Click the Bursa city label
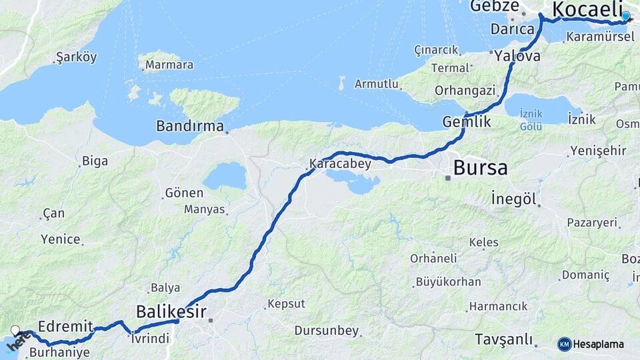tap(480, 167)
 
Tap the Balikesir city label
tap(171, 311)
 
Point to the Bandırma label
tap(190, 125)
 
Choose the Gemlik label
tap(467, 122)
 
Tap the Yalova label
tap(517, 57)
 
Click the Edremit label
tap(65, 327)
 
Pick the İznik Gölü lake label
tap(531, 121)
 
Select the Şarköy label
tap(77, 57)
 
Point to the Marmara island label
tap(169, 65)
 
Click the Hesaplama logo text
tap(599, 344)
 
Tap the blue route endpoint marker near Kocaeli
tap(625, 16)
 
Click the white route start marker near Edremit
tap(16, 330)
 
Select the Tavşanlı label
tap(505, 339)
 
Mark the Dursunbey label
tap(327, 331)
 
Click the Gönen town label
tap(183, 193)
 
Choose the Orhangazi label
tap(465, 90)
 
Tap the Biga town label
tap(95, 161)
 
